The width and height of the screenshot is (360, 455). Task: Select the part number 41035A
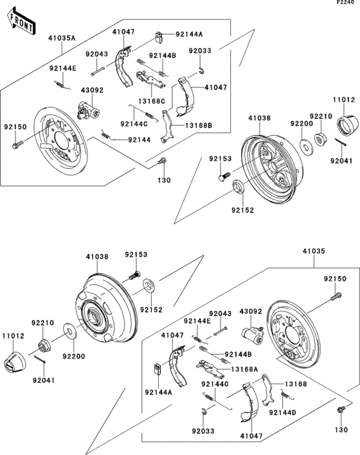click(x=61, y=39)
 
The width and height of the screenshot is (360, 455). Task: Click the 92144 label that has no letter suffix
click(x=139, y=140)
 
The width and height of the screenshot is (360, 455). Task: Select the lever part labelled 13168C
click(x=148, y=80)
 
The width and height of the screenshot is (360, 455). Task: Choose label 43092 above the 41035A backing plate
click(x=92, y=90)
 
